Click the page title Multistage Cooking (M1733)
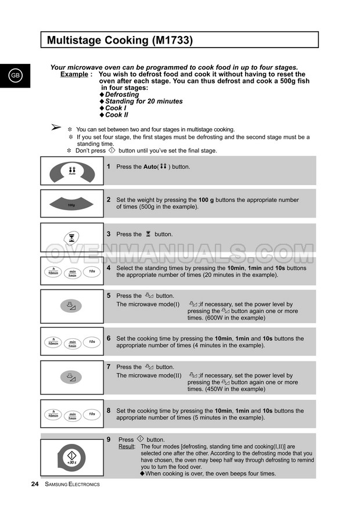120,40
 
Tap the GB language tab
15,76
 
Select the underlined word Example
75,74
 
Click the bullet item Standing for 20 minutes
143,101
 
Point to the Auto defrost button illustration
72,171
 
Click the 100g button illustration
72,205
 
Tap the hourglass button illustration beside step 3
72,237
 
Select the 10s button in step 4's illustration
92,271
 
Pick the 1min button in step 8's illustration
73,416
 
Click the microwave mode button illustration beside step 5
71,306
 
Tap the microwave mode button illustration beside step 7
71,377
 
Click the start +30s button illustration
72,457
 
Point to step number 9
109,439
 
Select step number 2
109,200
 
